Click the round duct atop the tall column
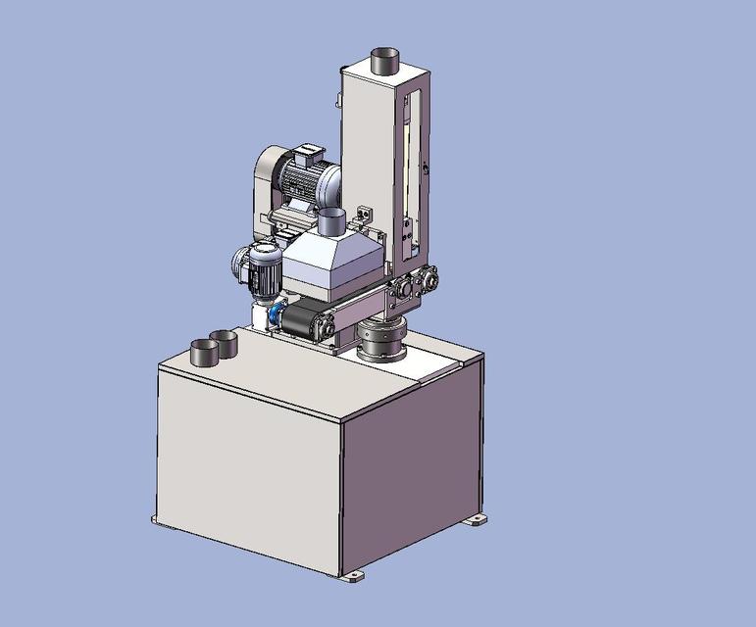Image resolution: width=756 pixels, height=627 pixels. [x=386, y=61]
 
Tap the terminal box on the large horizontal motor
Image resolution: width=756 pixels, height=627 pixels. [x=307, y=152]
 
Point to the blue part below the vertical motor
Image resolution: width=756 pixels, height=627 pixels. [x=278, y=313]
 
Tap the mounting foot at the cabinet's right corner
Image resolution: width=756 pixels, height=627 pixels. [x=476, y=520]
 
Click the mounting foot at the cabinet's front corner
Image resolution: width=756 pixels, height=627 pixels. [x=352, y=576]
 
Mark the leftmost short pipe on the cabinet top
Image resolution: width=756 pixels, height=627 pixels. [x=203, y=352]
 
